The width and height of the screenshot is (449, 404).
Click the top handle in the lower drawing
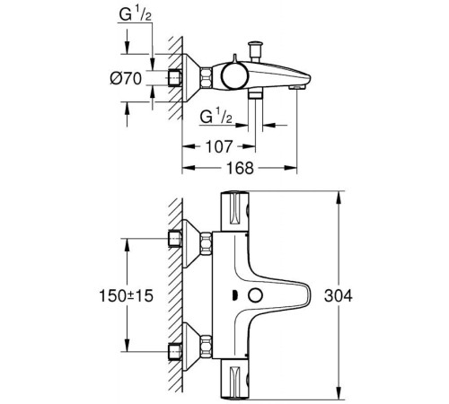236,211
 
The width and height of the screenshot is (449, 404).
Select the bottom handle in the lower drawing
236,377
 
